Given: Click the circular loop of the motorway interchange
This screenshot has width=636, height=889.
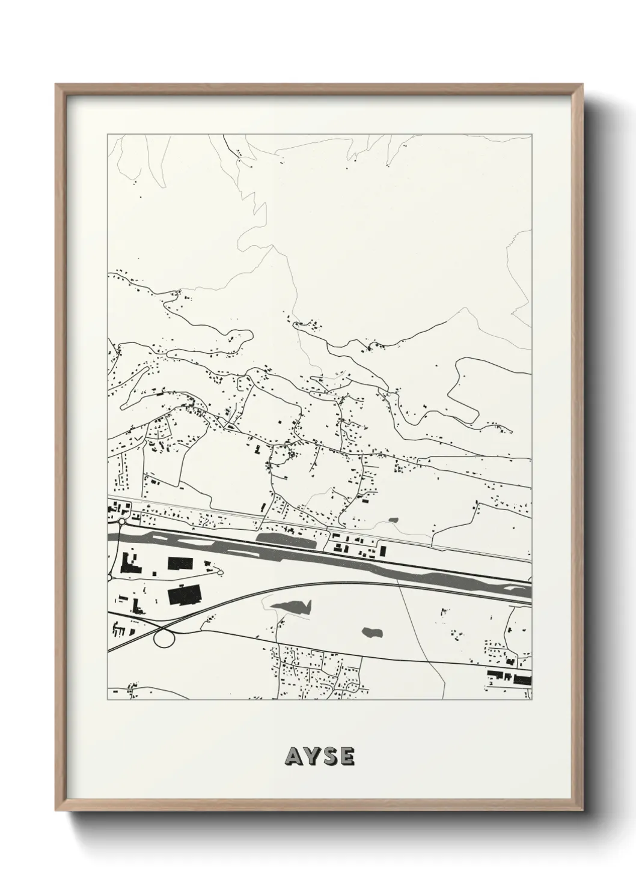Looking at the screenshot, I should pos(163,638).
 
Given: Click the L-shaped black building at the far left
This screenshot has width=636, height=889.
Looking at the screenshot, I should pos(129,565).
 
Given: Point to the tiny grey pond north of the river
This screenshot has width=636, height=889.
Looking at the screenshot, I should pos(394,520).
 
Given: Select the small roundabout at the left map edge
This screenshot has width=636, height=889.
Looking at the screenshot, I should pos(122,522).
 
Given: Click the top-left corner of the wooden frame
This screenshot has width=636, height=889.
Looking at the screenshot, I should pos(56,85).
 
